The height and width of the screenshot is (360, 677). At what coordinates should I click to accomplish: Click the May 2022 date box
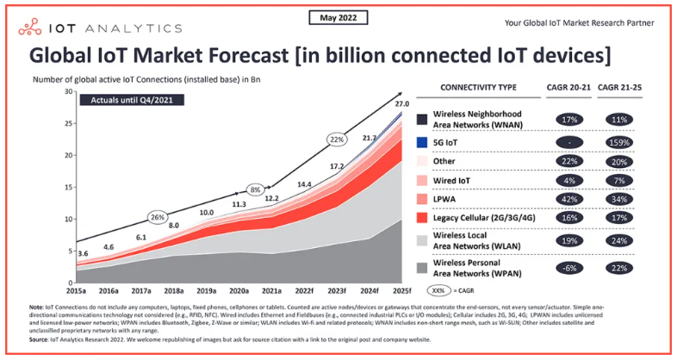pyautogui.click(x=338, y=18)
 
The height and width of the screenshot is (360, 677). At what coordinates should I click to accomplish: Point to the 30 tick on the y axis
pyautogui.click(x=67, y=91)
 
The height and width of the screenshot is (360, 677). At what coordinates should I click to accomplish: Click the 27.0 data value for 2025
pyautogui.click(x=401, y=105)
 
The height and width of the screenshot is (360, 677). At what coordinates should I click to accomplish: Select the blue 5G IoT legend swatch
pyautogui.click(x=422, y=142)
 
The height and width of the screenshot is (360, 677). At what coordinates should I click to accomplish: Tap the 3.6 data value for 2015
pyautogui.click(x=84, y=253)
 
